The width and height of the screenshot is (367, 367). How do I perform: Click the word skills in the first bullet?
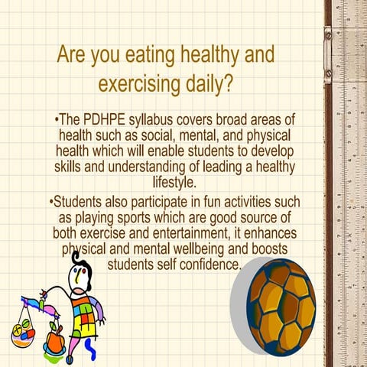click(69, 167)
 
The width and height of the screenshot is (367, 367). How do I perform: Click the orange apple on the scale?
click(56, 336)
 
